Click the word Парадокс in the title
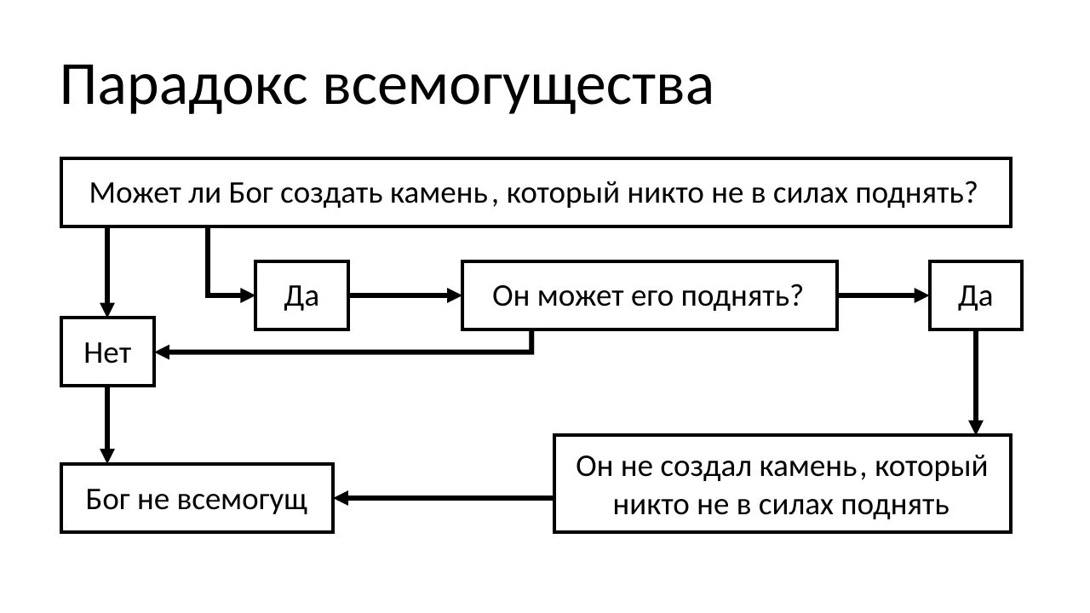click(184, 86)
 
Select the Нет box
click(107, 352)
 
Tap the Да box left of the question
click(301, 295)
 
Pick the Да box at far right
click(976, 295)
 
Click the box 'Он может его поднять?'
click(649, 295)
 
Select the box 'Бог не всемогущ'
click(197, 498)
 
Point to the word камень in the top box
click(439, 193)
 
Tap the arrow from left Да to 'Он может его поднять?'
click(405, 295)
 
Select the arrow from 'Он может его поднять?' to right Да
click(884, 295)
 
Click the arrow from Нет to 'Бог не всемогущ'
click(107, 425)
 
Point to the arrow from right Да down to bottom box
click(976, 382)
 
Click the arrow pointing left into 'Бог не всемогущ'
click(444, 498)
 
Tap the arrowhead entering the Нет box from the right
click(162, 352)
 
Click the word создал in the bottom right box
click(707, 467)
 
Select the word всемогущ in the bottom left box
click(242, 500)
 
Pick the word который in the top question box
click(563, 193)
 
